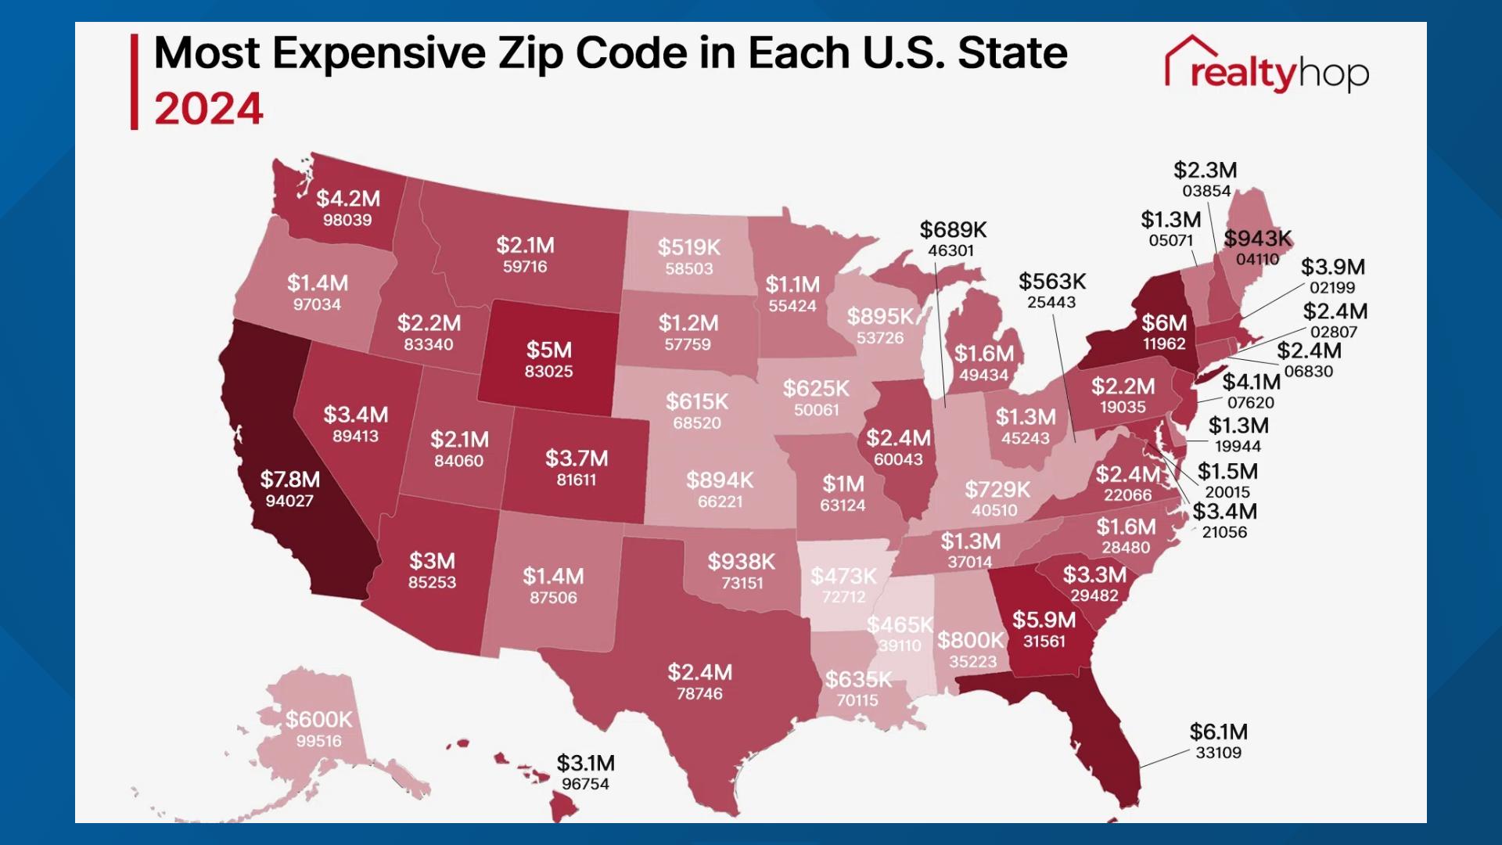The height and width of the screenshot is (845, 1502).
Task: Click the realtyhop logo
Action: (x=1267, y=66)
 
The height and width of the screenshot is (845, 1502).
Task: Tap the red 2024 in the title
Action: (x=209, y=109)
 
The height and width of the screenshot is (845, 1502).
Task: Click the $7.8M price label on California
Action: (x=289, y=479)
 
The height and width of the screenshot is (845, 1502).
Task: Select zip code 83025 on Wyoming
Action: (x=548, y=372)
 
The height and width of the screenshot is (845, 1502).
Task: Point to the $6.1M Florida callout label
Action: (x=1218, y=732)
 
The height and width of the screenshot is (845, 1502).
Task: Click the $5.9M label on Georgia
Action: (x=1044, y=620)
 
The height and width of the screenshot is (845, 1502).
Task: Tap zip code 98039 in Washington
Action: (x=347, y=221)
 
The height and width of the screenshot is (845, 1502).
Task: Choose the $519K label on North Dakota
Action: (x=688, y=247)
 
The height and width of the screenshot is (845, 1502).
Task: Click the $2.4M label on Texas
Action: (x=699, y=672)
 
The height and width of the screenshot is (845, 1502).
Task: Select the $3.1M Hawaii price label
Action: (x=585, y=763)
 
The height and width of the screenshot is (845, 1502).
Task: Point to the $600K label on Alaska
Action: (x=318, y=719)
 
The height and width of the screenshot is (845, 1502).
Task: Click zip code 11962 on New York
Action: (x=1163, y=344)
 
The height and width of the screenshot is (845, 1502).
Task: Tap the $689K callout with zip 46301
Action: (x=953, y=230)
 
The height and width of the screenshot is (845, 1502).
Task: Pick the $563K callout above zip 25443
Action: (x=1051, y=282)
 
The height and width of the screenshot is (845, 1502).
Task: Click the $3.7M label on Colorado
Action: (x=576, y=458)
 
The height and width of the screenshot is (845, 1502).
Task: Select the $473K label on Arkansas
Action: (x=843, y=577)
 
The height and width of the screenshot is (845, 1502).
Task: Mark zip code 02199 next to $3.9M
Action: (x=1332, y=288)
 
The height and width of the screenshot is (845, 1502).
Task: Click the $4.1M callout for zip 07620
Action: (x=1251, y=382)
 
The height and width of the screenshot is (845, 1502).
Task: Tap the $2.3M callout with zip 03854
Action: (x=1205, y=171)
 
